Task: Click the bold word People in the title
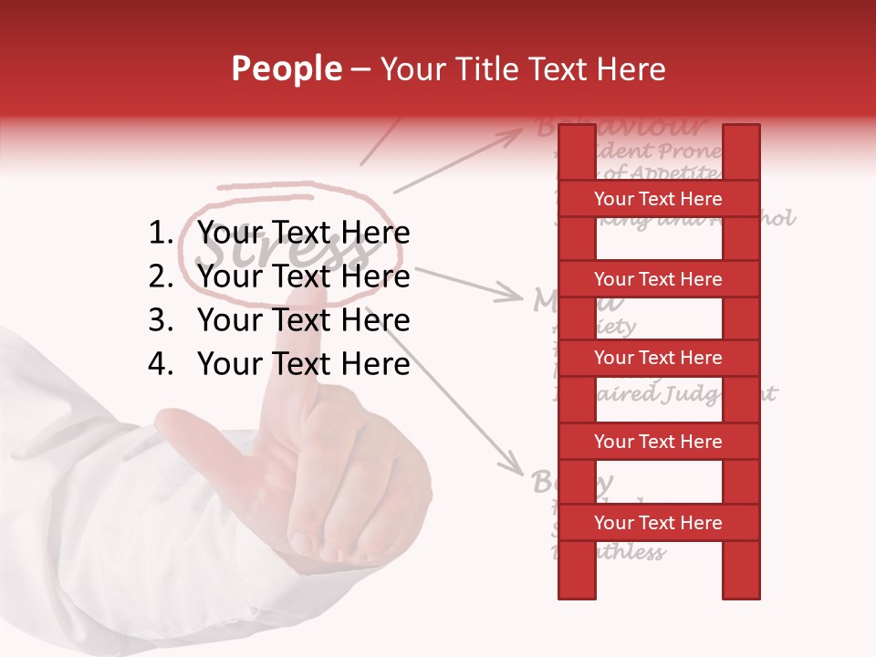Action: [x=286, y=68]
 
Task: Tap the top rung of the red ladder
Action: [x=658, y=199]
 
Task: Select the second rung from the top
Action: [x=658, y=279]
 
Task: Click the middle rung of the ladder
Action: [x=658, y=358]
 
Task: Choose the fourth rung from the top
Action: [x=658, y=442]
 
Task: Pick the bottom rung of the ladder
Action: [x=658, y=523]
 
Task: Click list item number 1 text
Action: [x=303, y=233]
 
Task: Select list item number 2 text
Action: [x=303, y=276]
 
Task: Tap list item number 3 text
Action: [x=303, y=320]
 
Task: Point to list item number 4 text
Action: [x=303, y=364]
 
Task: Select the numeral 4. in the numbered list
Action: [x=161, y=364]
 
